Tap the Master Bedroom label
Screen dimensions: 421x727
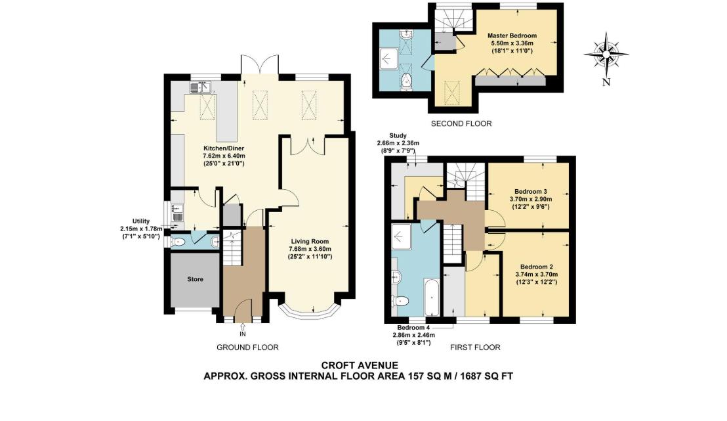[x=512, y=35]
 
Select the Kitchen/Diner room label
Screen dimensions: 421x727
[x=223, y=149]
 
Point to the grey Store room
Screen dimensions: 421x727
[x=195, y=279]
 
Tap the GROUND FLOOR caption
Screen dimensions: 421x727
[x=247, y=347]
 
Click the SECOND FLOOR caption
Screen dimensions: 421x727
[x=461, y=123]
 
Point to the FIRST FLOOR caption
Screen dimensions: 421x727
[x=476, y=347]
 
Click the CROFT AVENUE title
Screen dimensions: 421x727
[x=359, y=365]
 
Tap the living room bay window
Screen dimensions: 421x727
[x=307, y=311]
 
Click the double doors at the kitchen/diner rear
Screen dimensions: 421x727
[x=260, y=66]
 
